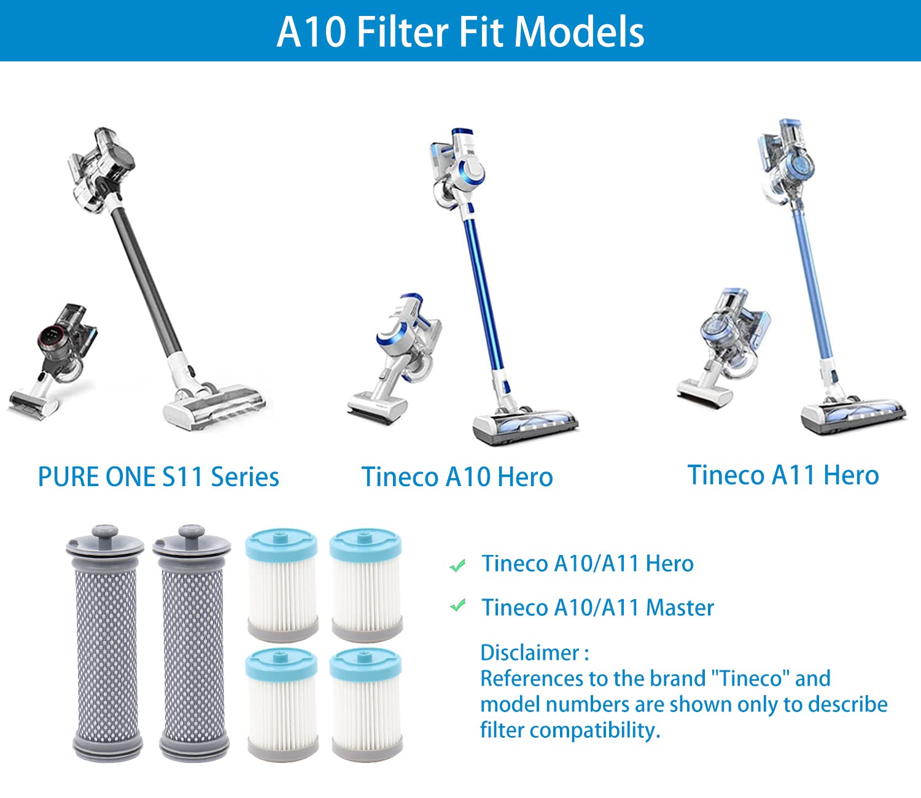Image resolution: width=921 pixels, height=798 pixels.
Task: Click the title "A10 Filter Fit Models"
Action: coord(460,32)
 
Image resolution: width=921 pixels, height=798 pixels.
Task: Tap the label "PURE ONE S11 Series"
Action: coord(158,477)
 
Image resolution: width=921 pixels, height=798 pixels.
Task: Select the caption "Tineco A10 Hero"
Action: coord(457,477)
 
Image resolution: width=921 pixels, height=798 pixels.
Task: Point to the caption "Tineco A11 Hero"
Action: coord(783,475)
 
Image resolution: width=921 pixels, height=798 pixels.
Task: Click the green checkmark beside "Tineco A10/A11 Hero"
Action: coord(457,565)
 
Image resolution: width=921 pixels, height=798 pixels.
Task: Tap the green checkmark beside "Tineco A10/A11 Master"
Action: coord(457,606)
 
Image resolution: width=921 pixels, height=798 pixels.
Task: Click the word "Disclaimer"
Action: coord(530,653)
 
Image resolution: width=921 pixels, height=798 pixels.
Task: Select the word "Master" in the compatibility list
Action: coord(680,608)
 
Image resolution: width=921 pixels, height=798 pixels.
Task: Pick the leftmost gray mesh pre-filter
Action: coord(106,645)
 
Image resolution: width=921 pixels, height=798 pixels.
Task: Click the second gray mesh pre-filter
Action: coord(193,645)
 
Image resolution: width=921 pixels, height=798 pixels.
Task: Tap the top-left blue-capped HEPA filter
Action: coord(282,586)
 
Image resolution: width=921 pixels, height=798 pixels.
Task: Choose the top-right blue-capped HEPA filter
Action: coord(367,586)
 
